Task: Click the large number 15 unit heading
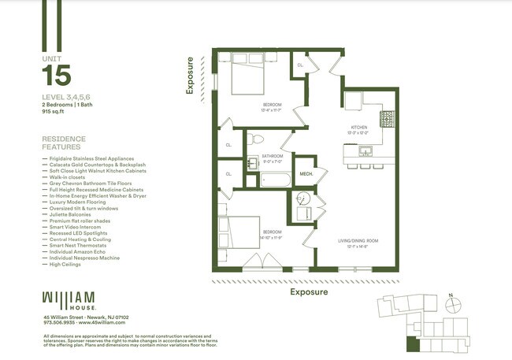coord(56,76)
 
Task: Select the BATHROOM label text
coord(272,156)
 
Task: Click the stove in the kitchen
coord(387,119)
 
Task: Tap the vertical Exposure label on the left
coord(189,76)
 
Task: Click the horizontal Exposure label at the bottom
coord(309,291)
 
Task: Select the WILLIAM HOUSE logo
coord(69,300)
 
